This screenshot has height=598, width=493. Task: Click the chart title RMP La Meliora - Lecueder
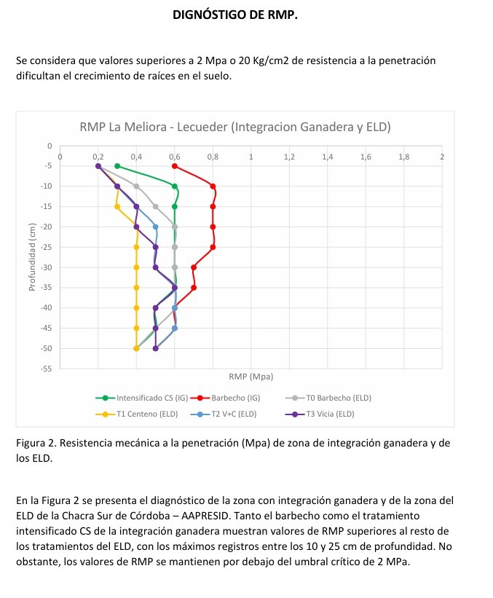[x=235, y=127]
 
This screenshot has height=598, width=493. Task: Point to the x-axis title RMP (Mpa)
[x=251, y=377]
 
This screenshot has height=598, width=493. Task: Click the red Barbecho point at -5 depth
[x=175, y=166]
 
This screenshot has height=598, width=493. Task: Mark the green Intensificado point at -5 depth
[x=117, y=166]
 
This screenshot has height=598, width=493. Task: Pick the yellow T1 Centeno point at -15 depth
[x=117, y=207]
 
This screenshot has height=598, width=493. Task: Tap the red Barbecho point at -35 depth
[x=194, y=288]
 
